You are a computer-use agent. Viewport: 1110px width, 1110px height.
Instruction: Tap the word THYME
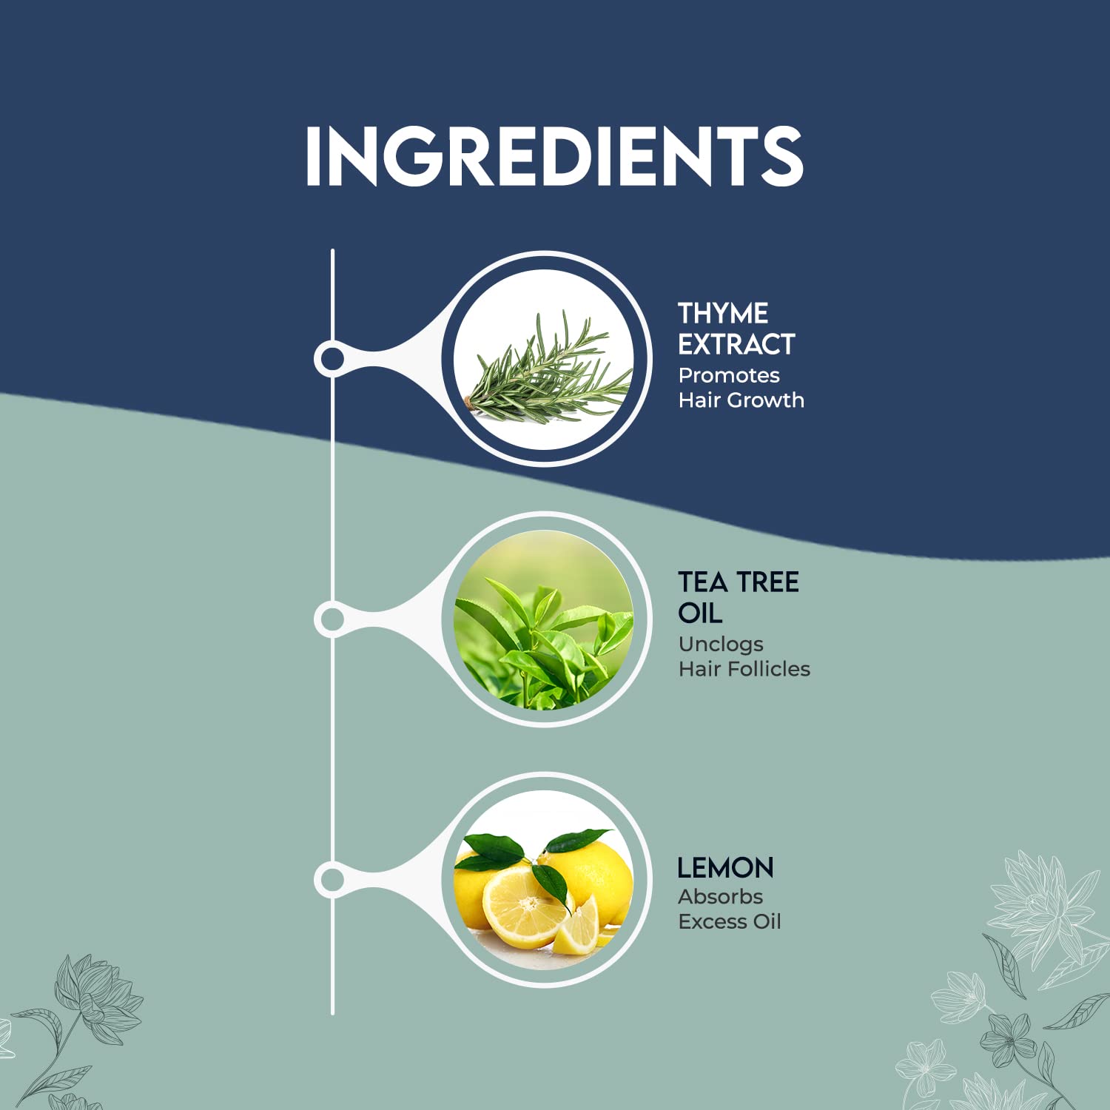pos(723,313)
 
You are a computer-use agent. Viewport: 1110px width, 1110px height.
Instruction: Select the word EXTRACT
pos(736,344)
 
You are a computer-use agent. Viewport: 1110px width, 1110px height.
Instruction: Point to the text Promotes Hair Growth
pos(741,388)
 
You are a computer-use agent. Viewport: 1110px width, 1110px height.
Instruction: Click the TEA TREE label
pos(739,582)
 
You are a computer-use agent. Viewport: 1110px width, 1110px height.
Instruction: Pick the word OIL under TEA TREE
pos(700,613)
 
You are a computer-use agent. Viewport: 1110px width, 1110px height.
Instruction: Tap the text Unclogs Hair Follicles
pos(744,656)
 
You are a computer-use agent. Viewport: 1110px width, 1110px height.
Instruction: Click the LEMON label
pos(725,867)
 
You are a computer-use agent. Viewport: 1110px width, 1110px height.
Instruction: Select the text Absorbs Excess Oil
pos(730,909)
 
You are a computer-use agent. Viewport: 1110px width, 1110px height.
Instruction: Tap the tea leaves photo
pos(545,619)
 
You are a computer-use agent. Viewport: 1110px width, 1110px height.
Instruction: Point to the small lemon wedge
pos(578,927)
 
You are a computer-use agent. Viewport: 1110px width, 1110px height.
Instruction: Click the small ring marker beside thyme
pos(332,359)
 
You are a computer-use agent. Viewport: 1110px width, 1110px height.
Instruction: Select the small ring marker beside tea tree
pos(332,619)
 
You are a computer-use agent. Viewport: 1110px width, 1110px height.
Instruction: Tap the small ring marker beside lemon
pos(332,880)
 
